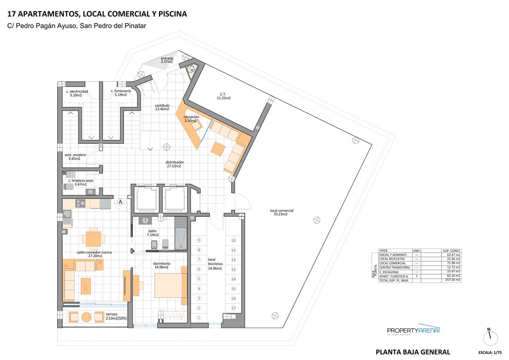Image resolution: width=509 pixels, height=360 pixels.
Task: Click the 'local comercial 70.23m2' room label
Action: (x=281, y=212)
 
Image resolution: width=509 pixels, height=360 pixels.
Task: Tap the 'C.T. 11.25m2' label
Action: (x=223, y=96)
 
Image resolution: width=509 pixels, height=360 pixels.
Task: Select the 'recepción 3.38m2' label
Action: (x=191, y=119)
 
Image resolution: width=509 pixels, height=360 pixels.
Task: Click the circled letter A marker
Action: (x=121, y=202)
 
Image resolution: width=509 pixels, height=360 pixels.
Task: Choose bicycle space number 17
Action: (x=233, y=308)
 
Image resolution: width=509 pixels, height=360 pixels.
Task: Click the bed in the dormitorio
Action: (x=168, y=285)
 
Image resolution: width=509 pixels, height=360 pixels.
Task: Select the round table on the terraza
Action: (x=86, y=317)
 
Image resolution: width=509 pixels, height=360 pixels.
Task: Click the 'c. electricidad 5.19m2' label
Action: (x=77, y=93)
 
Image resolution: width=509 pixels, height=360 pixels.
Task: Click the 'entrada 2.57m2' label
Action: (x=167, y=60)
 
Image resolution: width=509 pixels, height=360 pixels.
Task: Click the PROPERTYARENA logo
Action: (x=414, y=331)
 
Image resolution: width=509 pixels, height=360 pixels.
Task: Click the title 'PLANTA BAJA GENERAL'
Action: (x=413, y=352)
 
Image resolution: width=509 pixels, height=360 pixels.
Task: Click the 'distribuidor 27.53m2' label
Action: (x=175, y=164)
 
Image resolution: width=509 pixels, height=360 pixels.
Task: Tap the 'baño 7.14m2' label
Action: (x=153, y=233)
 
